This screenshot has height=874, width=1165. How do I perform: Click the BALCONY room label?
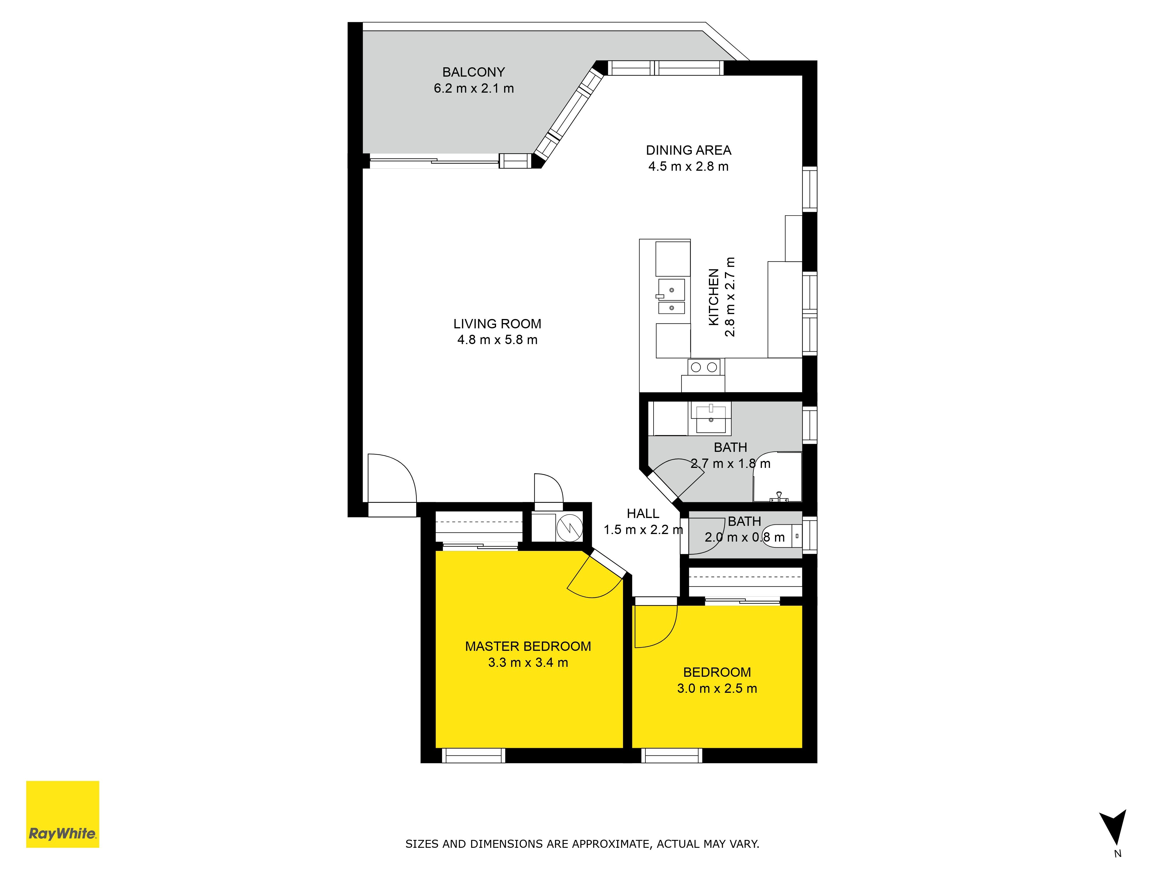pos(474,72)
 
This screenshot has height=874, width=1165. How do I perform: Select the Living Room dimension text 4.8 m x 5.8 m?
pos(497,340)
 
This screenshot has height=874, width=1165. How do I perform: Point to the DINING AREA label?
pos(688,150)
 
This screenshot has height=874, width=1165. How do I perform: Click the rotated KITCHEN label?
pos(714,297)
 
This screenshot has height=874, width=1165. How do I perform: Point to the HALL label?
pos(642,514)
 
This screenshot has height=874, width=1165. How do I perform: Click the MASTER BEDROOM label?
pos(528,646)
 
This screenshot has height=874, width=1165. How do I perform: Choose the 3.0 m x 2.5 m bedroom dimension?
pos(717,688)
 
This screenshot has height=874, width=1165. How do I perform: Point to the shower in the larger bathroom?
pos(777,477)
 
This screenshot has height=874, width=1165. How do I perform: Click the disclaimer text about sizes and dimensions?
pos(582,844)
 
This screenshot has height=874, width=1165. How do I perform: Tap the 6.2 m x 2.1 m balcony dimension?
pos(474,89)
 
